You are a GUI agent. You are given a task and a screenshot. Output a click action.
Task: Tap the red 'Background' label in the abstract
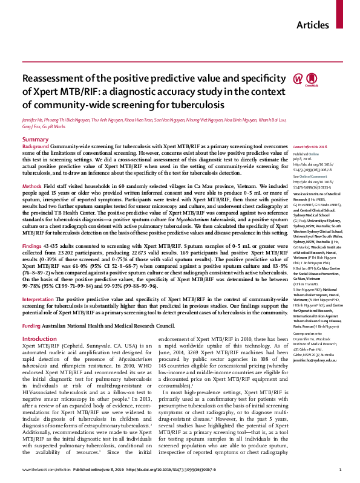click(x=36, y=147)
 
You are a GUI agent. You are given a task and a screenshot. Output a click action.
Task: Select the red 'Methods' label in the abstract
click(x=32, y=186)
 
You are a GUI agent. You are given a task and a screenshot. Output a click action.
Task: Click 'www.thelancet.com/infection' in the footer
click(x=44, y=470)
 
